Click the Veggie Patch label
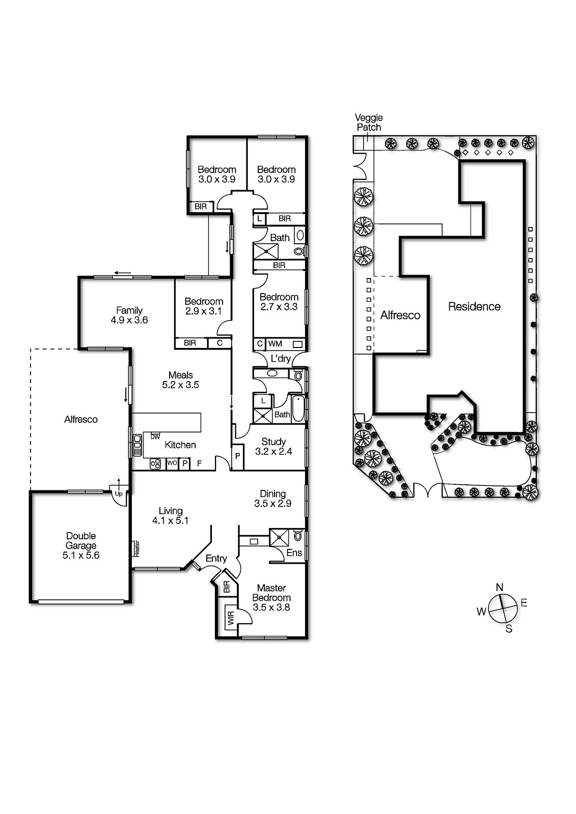[x=369, y=123]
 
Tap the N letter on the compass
[x=500, y=588]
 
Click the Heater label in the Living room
[x=136, y=548]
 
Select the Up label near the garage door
[x=119, y=493]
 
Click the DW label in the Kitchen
[x=155, y=437]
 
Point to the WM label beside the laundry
[x=275, y=344]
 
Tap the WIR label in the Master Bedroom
[x=231, y=619]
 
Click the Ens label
[x=294, y=553]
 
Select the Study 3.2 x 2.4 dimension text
[x=273, y=451]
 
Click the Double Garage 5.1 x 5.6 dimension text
[x=81, y=556]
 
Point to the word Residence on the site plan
[x=474, y=307]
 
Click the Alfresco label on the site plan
[x=400, y=315]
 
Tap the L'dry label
[x=281, y=359]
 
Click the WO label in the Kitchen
[x=172, y=463]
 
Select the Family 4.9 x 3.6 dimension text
[x=129, y=320]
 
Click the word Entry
[x=216, y=559]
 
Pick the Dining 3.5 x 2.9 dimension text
[x=272, y=504]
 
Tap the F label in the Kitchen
[x=200, y=463]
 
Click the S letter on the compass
[x=509, y=629]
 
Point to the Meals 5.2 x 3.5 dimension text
[x=180, y=385]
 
